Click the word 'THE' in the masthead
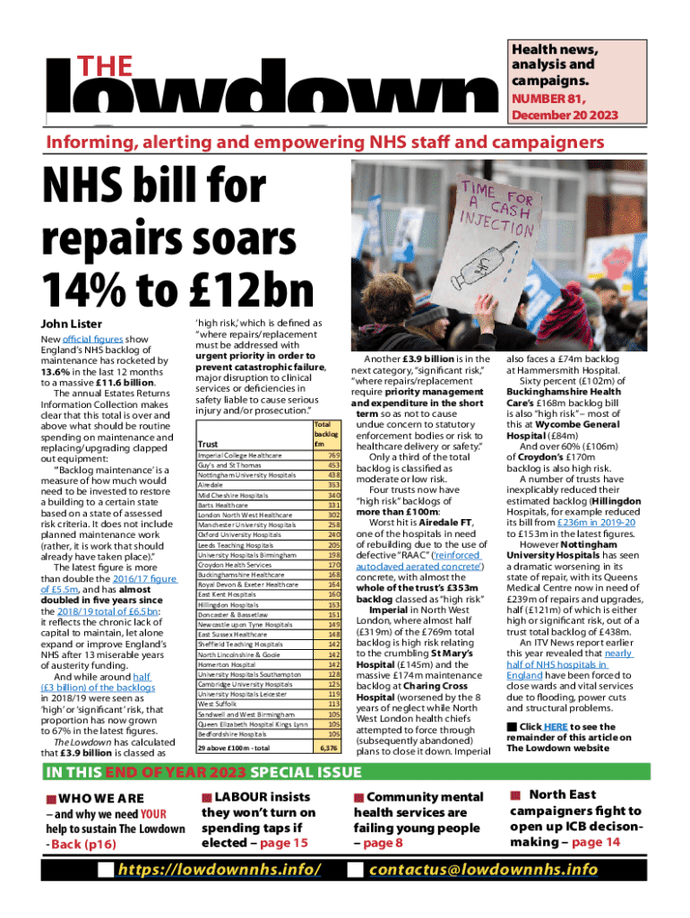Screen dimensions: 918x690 click(x=107, y=66)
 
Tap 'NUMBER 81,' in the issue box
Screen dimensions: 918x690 click(x=542, y=99)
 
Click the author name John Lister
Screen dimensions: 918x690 click(x=73, y=323)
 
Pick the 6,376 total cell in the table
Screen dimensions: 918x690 click(x=329, y=747)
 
